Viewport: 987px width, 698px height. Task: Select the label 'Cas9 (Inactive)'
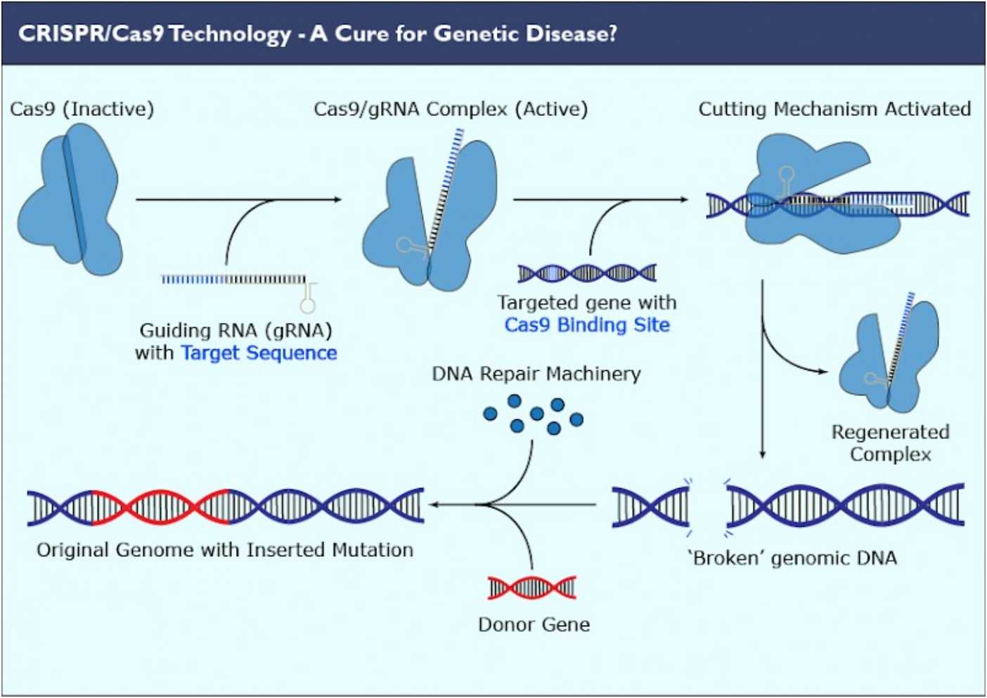pyautogui.click(x=82, y=110)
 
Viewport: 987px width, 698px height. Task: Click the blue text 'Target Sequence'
pyautogui.click(x=259, y=353)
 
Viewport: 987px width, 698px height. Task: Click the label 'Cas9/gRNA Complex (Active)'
pyautogui.click(x=451, y=110)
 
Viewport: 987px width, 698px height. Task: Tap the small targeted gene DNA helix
pyautogui.click(x=587, y=272)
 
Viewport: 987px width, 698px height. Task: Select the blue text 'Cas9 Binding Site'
pyautogui.click(x=587, y=325)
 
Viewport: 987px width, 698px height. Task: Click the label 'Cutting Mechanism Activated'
pyautogui.click(x=834, y=110)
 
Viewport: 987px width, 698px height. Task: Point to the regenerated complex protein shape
pyautogui.click(x=907, y=358)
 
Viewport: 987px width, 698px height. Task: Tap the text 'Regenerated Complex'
pyautogui.click(x=890, y=443)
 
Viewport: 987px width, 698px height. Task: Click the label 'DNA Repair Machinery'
pyautogui.click(x=536, y=374)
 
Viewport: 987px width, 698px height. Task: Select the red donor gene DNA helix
pyautogui.click(x=532, y=587)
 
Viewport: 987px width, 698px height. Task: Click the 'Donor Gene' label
pyautogui.click(x=534, y=624)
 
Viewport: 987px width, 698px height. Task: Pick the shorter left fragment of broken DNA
pyautogui.click(x=650, y=506)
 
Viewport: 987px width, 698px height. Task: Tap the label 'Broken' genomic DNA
pyautogui.click(x=792, y=558)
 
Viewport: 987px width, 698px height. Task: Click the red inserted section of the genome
pyautogui.click(x=162, y=506)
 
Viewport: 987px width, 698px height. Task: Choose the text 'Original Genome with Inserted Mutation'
pyautogui.click(x=225, y=550)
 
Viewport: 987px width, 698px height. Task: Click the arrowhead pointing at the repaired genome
pyautogui.click(x=434, y=504)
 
